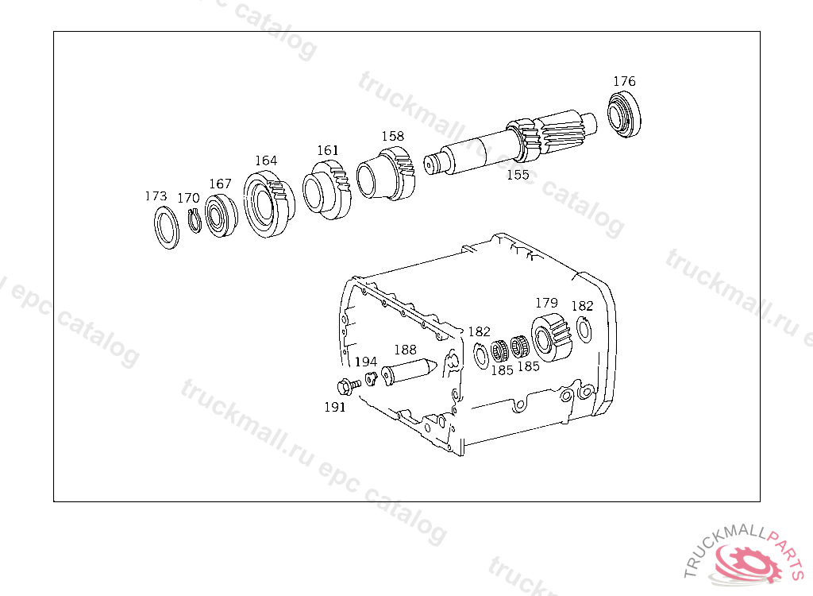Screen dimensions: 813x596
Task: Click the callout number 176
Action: point(624,82)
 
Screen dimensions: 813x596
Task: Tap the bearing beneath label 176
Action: point(624,114)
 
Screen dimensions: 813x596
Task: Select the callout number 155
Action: point(518,175)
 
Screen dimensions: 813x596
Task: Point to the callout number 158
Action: point(392,136)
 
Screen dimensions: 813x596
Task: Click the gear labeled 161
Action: point(326,189)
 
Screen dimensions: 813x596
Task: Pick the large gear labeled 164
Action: point(268,204)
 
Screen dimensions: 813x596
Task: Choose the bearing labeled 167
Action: point(222,215)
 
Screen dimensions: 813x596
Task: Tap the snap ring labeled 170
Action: point(195,221)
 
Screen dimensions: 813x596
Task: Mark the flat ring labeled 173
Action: point(167,227)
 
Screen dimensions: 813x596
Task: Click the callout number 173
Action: point(156,196)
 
